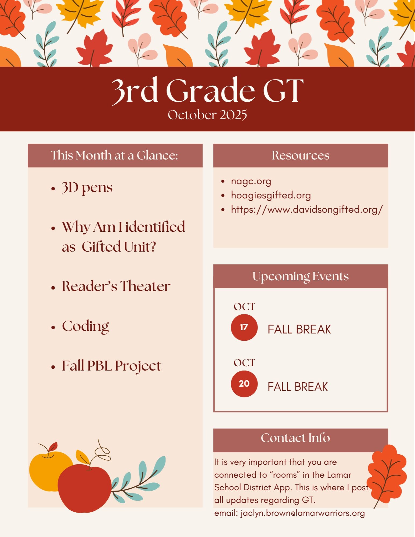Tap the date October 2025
[x=207, y=115]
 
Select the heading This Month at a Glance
[x=115, y=155]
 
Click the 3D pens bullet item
[x=87, y=187]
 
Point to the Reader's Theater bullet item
[x=116, y=286]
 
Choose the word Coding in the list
[x=85, y=326]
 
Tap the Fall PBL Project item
[x=111, y=366]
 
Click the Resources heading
[x=301, y=155]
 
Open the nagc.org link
[x=251, y=182]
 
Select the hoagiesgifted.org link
[x=271, y=195]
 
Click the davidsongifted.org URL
[x=307, y=209]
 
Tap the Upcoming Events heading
[x=301, y=277]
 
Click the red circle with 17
[x=244, y=327]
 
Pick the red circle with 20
[x=244, y=384]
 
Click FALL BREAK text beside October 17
[x=299, y=329]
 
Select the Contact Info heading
[x=295, y=438]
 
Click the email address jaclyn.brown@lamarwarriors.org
[x=303, y=513]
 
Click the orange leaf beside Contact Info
[x=387, y=474]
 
